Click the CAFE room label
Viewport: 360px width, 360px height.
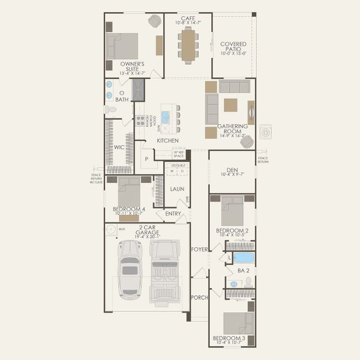click(x=187, y=17)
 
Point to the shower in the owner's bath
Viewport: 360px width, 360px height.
click(x=139, y=91)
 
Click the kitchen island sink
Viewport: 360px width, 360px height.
click(x=165, y=117)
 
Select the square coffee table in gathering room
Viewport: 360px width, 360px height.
click(x=230, y=105)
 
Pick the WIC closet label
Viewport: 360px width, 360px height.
click(x=119, y=146)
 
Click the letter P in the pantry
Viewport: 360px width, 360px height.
click(x=146, y=160)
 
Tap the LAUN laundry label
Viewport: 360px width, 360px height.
click(x=176, y=189)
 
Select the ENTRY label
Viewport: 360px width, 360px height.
click(x=173, y=214)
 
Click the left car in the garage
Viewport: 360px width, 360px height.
click(x=130, y=269)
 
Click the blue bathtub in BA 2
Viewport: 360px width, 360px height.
click(x=244, y=258)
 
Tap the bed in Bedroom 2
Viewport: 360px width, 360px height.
click(x=232, y=211)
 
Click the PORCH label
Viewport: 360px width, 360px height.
click(x=199, y=298)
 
